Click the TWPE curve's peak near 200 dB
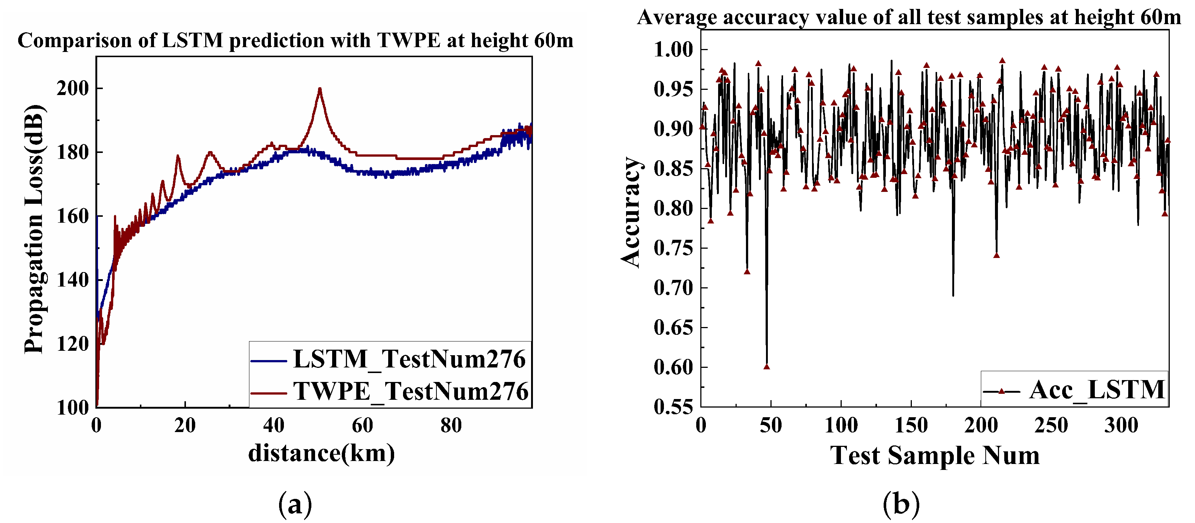320,89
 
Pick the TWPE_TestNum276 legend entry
389,391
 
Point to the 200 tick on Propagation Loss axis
72,88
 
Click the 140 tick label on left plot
72,280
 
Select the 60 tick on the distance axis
362,425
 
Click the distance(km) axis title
321,453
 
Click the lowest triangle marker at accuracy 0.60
766,367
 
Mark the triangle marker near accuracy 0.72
747,271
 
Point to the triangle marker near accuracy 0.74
996,255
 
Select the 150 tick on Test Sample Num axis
911,425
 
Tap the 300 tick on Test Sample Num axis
1121,425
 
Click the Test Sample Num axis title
934,455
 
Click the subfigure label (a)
295,504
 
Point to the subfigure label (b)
901,504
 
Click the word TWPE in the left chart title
408,41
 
